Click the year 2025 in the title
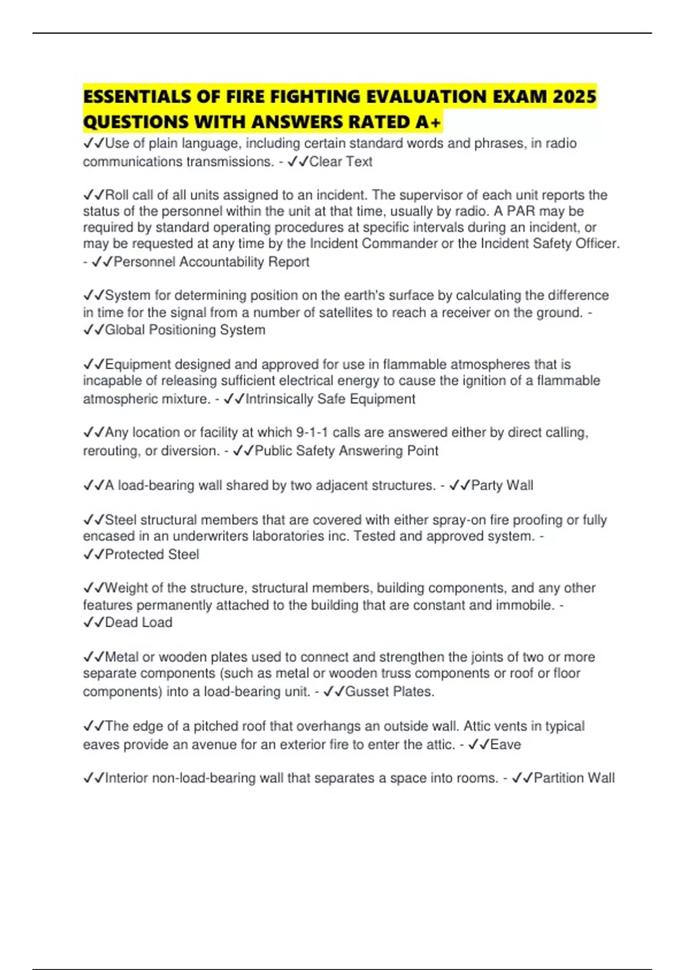[574, 96]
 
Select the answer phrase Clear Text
[341, 162]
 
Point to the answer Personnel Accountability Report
[211, 262]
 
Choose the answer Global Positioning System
[185, 330]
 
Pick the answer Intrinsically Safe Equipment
[330, 399]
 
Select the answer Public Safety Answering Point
[346, 451]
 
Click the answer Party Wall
[502, 486]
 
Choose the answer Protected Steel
[152, 555]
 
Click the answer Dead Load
[138, 623]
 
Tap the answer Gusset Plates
[389, 692]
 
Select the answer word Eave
[505, 745]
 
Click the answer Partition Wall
[574, 778]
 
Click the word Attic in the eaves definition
[477, 726]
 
